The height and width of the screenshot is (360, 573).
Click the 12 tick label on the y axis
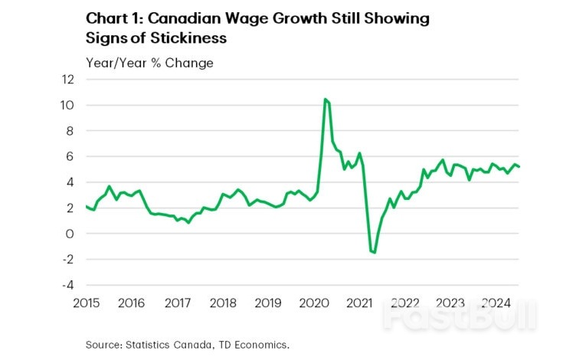pyautogui.click(x=69, y=79)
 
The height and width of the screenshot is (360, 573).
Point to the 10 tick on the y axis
pyautogui.click(x=69, y=105)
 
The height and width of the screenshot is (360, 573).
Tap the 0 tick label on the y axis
pyautogui.click(x=71, y=234)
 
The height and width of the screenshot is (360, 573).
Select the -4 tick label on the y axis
pyautogui.click(x=69, y=285)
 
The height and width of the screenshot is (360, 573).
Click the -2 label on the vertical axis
pyautogui.click(x=69, y=259)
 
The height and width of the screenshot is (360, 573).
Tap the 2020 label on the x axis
pyautogui.click(x=315, y=302)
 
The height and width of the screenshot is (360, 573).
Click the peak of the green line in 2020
pyautogui.click(x=326, y=100)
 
